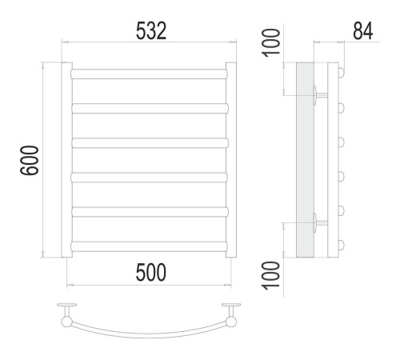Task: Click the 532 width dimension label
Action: [151, 31]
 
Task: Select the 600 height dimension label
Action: [30, 160]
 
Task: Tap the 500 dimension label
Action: [151, 272]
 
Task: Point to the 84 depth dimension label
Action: [362, 31]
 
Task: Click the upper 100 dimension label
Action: [271, 42]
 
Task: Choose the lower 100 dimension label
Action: [271, 275]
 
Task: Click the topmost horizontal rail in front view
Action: [150, 74]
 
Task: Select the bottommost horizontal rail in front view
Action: [150, 246]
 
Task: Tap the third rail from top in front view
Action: [150, 143]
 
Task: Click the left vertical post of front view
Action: [66, 160]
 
